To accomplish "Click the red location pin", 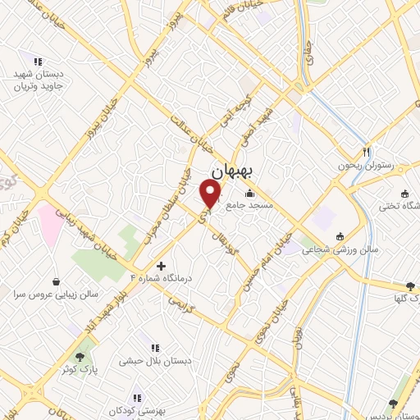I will click(x=211, y=194).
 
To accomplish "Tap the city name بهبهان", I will click(x=235, y=171).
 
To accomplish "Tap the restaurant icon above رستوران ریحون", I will click(x=367, y=152).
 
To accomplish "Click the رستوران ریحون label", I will click(x=367, y=166).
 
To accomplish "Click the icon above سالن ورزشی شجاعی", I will click(x=340, y=236).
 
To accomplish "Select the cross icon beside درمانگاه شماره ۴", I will click(x=161, y=266).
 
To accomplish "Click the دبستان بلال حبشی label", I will click(x=152, y=360).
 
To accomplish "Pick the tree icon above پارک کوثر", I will click(x=80, y=357).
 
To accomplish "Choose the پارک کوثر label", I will click(x=80, y=369).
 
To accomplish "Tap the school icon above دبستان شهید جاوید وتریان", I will click(x=37, y=61).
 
